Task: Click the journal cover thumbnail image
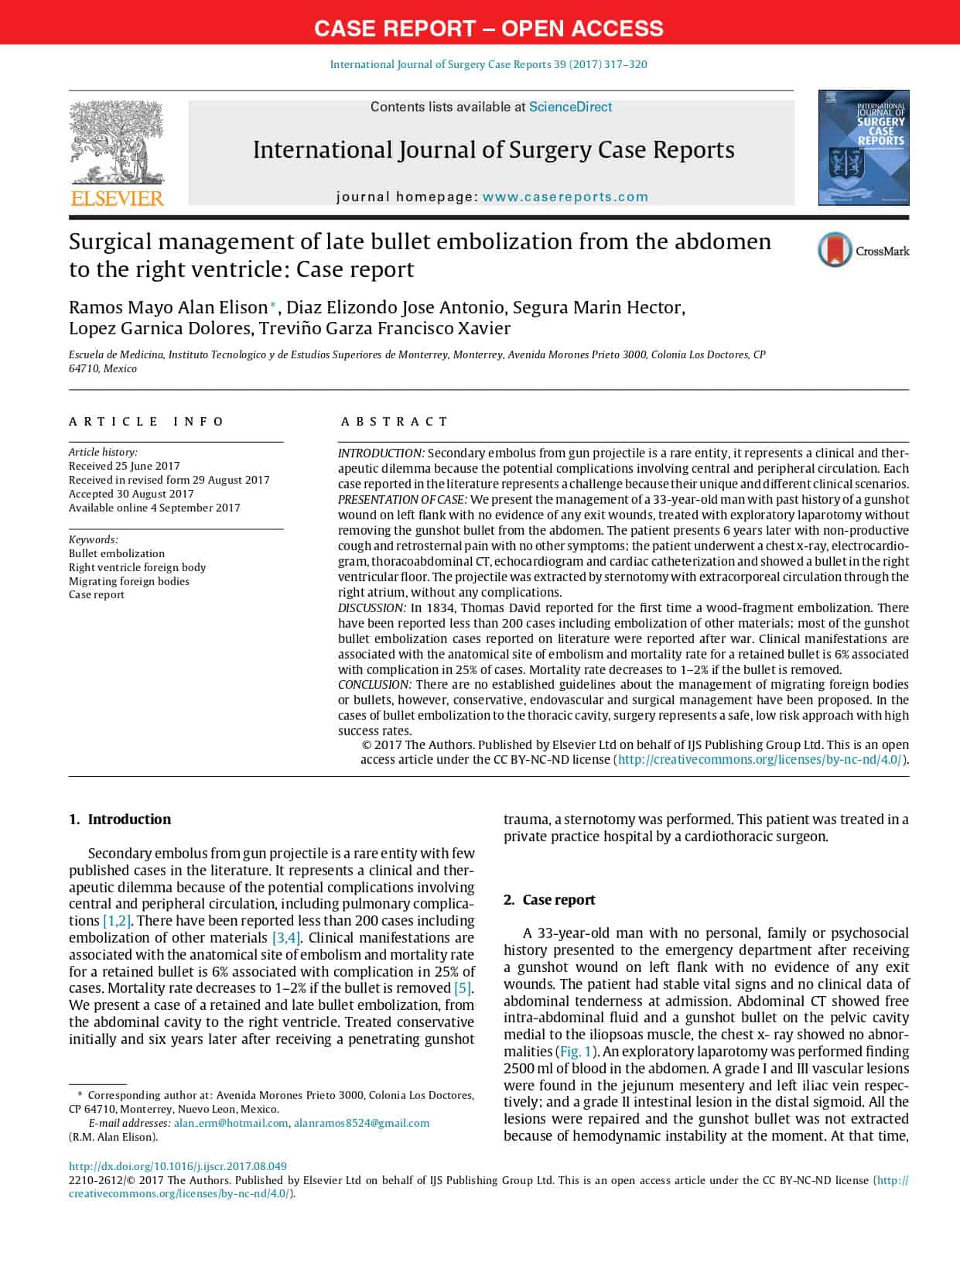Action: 863,147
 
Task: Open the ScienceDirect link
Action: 570,107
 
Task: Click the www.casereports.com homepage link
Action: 565,197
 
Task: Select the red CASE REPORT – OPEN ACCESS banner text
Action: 488,29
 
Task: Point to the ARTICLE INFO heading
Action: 146,422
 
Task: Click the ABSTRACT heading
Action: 395,422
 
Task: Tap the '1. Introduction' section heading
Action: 120,819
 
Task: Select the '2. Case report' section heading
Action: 550,899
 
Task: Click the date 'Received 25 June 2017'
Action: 124,466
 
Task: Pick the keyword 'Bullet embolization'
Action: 117,553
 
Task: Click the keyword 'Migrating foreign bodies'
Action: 129,581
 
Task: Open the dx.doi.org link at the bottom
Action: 177,1166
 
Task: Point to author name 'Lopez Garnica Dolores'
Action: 159,328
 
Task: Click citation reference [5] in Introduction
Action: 462,988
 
